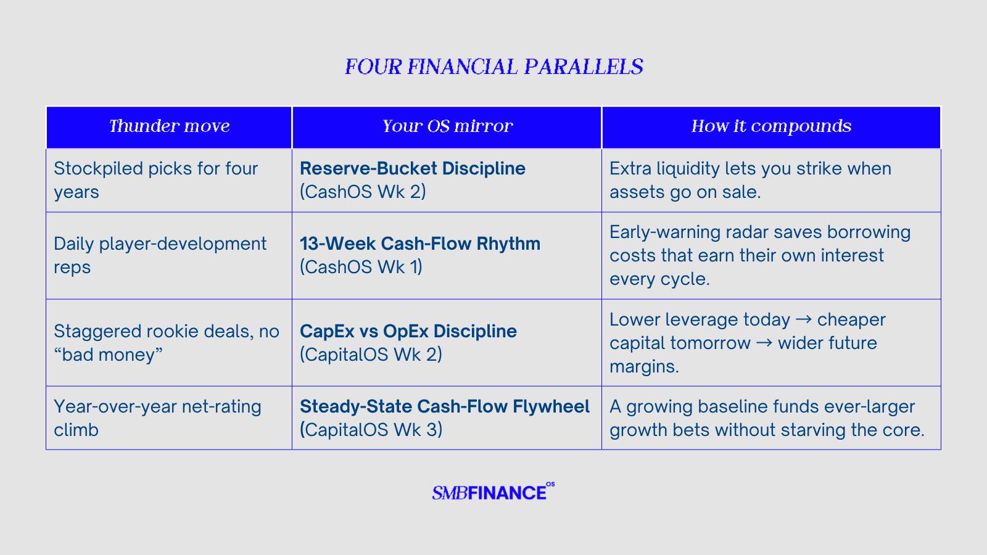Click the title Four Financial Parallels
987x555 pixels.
tap(493, 67)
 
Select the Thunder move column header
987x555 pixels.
tap(169, 126)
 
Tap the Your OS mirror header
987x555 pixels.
tap(447, 126)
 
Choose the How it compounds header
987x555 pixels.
tap(771, 126)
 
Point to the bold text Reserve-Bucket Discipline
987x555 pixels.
tap(413, 168)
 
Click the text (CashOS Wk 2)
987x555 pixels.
tap(363, 192)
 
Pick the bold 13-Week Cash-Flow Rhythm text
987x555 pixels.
tap(420, 244)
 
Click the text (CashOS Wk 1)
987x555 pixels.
tap(361, 267)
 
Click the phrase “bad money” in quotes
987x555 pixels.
tap(108, 355)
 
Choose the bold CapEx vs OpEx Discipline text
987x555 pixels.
tap(408, 331)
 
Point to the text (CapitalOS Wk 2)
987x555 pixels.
tap(371, 355)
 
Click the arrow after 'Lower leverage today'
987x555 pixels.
tap(803, 319)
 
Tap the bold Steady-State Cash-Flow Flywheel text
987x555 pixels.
tap(445, 406)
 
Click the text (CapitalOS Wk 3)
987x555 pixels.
tap(371, 430)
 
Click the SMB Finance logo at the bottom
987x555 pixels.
tap(493, 491)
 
